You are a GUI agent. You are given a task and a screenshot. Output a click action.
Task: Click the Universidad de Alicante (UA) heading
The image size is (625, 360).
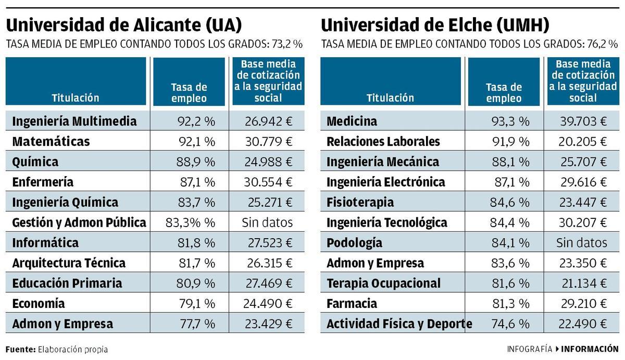click(124, 25)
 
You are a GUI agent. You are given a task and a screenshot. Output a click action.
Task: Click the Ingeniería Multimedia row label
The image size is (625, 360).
click(74, 121)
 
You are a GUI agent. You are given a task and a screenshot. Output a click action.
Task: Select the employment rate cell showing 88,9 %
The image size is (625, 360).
click(195, 162)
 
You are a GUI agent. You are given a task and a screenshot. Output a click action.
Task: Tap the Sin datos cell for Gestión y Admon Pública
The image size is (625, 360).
click(267, 223)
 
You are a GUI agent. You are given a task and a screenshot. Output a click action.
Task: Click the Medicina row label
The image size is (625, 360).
click(352, 121)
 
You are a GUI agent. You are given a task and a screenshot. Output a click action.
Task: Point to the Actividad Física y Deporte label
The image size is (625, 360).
click(399, 324)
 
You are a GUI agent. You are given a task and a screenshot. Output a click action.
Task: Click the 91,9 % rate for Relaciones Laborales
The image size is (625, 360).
click(510, 142)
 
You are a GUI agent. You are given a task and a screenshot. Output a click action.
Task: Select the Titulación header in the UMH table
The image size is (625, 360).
click(390, 97)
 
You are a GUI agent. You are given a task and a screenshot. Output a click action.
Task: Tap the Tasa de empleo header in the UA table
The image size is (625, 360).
click(189, 93)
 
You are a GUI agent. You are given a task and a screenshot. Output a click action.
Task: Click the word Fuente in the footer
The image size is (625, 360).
click(20, 349)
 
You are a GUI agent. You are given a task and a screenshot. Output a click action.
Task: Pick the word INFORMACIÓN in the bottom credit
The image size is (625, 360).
click(590, 349)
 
